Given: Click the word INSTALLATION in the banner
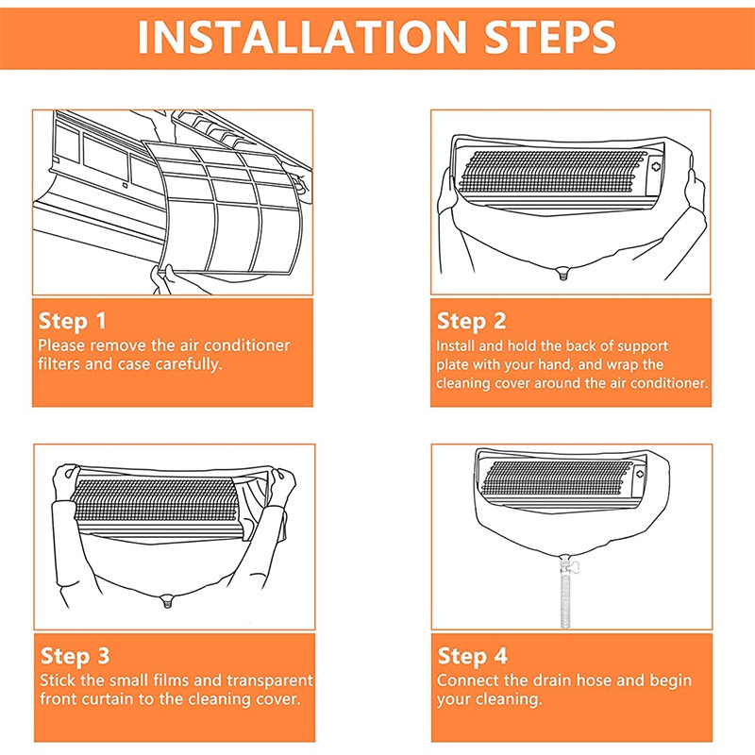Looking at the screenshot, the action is (x=302, y=37).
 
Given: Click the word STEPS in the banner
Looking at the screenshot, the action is (x=550, y=37).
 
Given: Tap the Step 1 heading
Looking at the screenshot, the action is (x=73, y=321).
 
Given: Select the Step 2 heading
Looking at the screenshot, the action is (x=471, y=321).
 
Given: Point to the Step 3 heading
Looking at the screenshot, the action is (x=75, y=656).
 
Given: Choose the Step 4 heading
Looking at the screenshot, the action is (x=473, y=656).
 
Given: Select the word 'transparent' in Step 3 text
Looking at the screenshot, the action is (x=270, y=680).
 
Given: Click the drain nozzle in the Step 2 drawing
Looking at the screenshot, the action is (x=562, y=274).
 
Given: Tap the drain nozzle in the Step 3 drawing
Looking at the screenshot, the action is (x=167, y=600).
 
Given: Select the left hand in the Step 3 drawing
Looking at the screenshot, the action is (x=65, y=481).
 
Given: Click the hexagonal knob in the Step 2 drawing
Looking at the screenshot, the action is (x=655, y=167).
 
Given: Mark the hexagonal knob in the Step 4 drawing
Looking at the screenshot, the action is (x=640, y=474).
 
